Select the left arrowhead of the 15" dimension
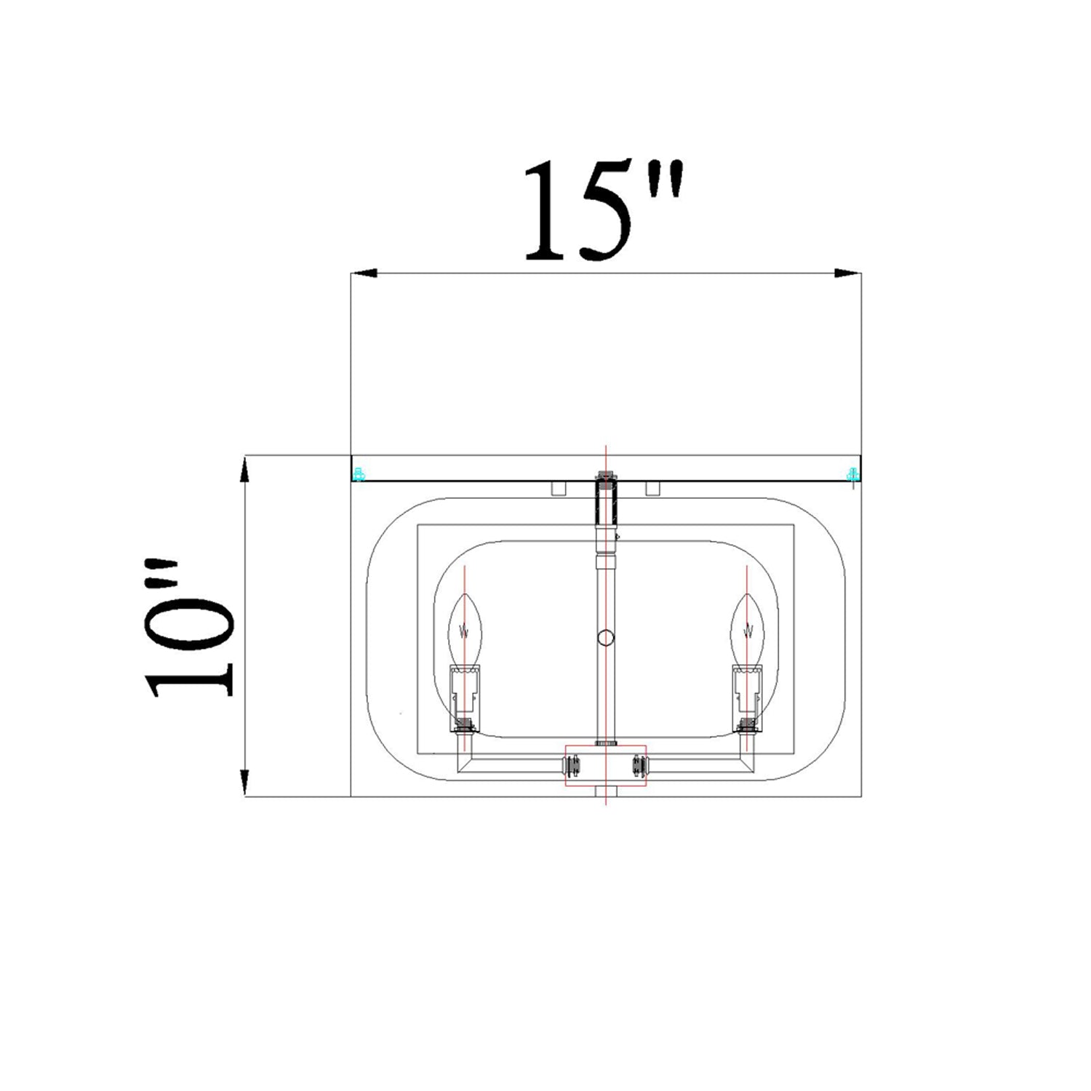(364, 273)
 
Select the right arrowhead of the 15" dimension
(848, 273)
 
